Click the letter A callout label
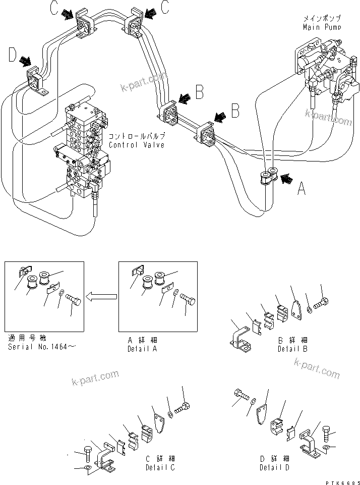pyautogui.click(x=302, y=189)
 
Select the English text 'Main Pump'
pyautogui.click(x=322, y=27)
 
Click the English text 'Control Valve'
pyautogui.click(x=137, y=145)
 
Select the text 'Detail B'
pyautogui.click(x=292, y=348)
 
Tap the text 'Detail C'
pyautogui.click(x=160, y=467)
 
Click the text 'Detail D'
pyautogui.click(x=275, y=467)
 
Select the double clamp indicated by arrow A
pyautogui.click(x=268, y=176)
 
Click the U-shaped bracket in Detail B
pyautogui.click(x=241, y=341)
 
